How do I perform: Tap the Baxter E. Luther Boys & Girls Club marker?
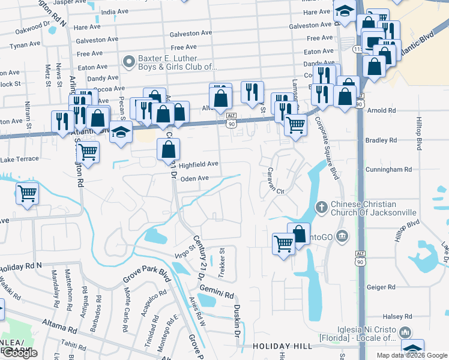(127, 61)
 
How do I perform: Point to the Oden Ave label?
(194, 178)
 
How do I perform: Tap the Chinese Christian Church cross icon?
(321, 208)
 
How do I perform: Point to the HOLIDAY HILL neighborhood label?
(282, 347)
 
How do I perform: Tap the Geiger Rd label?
(381, 287)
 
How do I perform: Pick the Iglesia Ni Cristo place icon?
(405, 332)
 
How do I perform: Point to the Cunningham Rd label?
(388, 170)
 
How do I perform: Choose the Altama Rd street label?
(59, 326)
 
